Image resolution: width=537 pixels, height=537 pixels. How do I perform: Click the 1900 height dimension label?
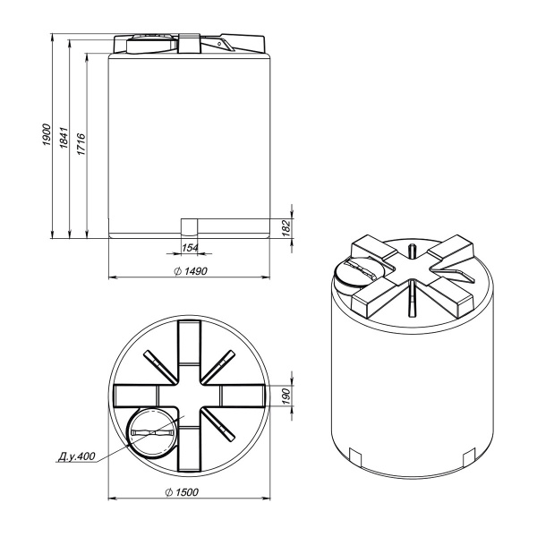coord(47,134)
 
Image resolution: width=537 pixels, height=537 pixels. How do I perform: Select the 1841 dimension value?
coord(64,138)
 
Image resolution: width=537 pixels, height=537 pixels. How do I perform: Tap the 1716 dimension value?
coord(81,144)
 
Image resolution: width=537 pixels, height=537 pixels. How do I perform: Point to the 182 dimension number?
coord(286,227)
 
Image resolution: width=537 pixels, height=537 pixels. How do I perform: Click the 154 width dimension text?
coord(190,248)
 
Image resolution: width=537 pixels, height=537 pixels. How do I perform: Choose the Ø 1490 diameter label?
coord(191,271)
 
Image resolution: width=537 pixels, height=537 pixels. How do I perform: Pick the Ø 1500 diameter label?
coord(182,492)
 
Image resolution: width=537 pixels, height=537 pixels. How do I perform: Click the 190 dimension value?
coord(286,396)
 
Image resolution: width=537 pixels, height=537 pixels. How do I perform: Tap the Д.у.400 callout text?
coord(76,456)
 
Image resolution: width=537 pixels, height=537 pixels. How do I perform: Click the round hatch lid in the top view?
coord(152,433)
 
